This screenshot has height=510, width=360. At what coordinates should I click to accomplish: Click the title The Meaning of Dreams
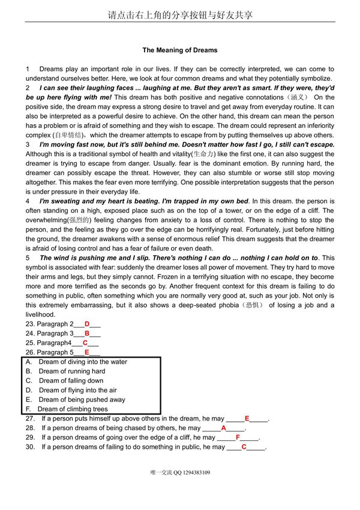pos(180,50)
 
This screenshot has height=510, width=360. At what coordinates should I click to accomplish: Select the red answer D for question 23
pos(87,324)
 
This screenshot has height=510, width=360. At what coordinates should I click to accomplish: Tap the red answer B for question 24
pos(87,334)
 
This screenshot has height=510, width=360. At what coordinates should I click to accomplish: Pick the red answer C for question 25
pos(85,343)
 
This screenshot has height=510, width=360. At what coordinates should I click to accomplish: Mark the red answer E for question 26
pos(87,353)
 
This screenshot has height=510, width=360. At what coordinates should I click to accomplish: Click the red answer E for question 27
pos(247,419)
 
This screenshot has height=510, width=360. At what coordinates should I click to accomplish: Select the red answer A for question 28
pos(224,428)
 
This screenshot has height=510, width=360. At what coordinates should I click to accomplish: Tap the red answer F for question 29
pos(238,438)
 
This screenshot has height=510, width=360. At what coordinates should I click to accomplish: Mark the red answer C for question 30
pos(244,447)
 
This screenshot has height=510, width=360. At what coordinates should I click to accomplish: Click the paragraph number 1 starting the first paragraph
pos(28,70)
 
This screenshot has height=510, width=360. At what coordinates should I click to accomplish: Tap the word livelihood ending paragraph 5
pos(40,314)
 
